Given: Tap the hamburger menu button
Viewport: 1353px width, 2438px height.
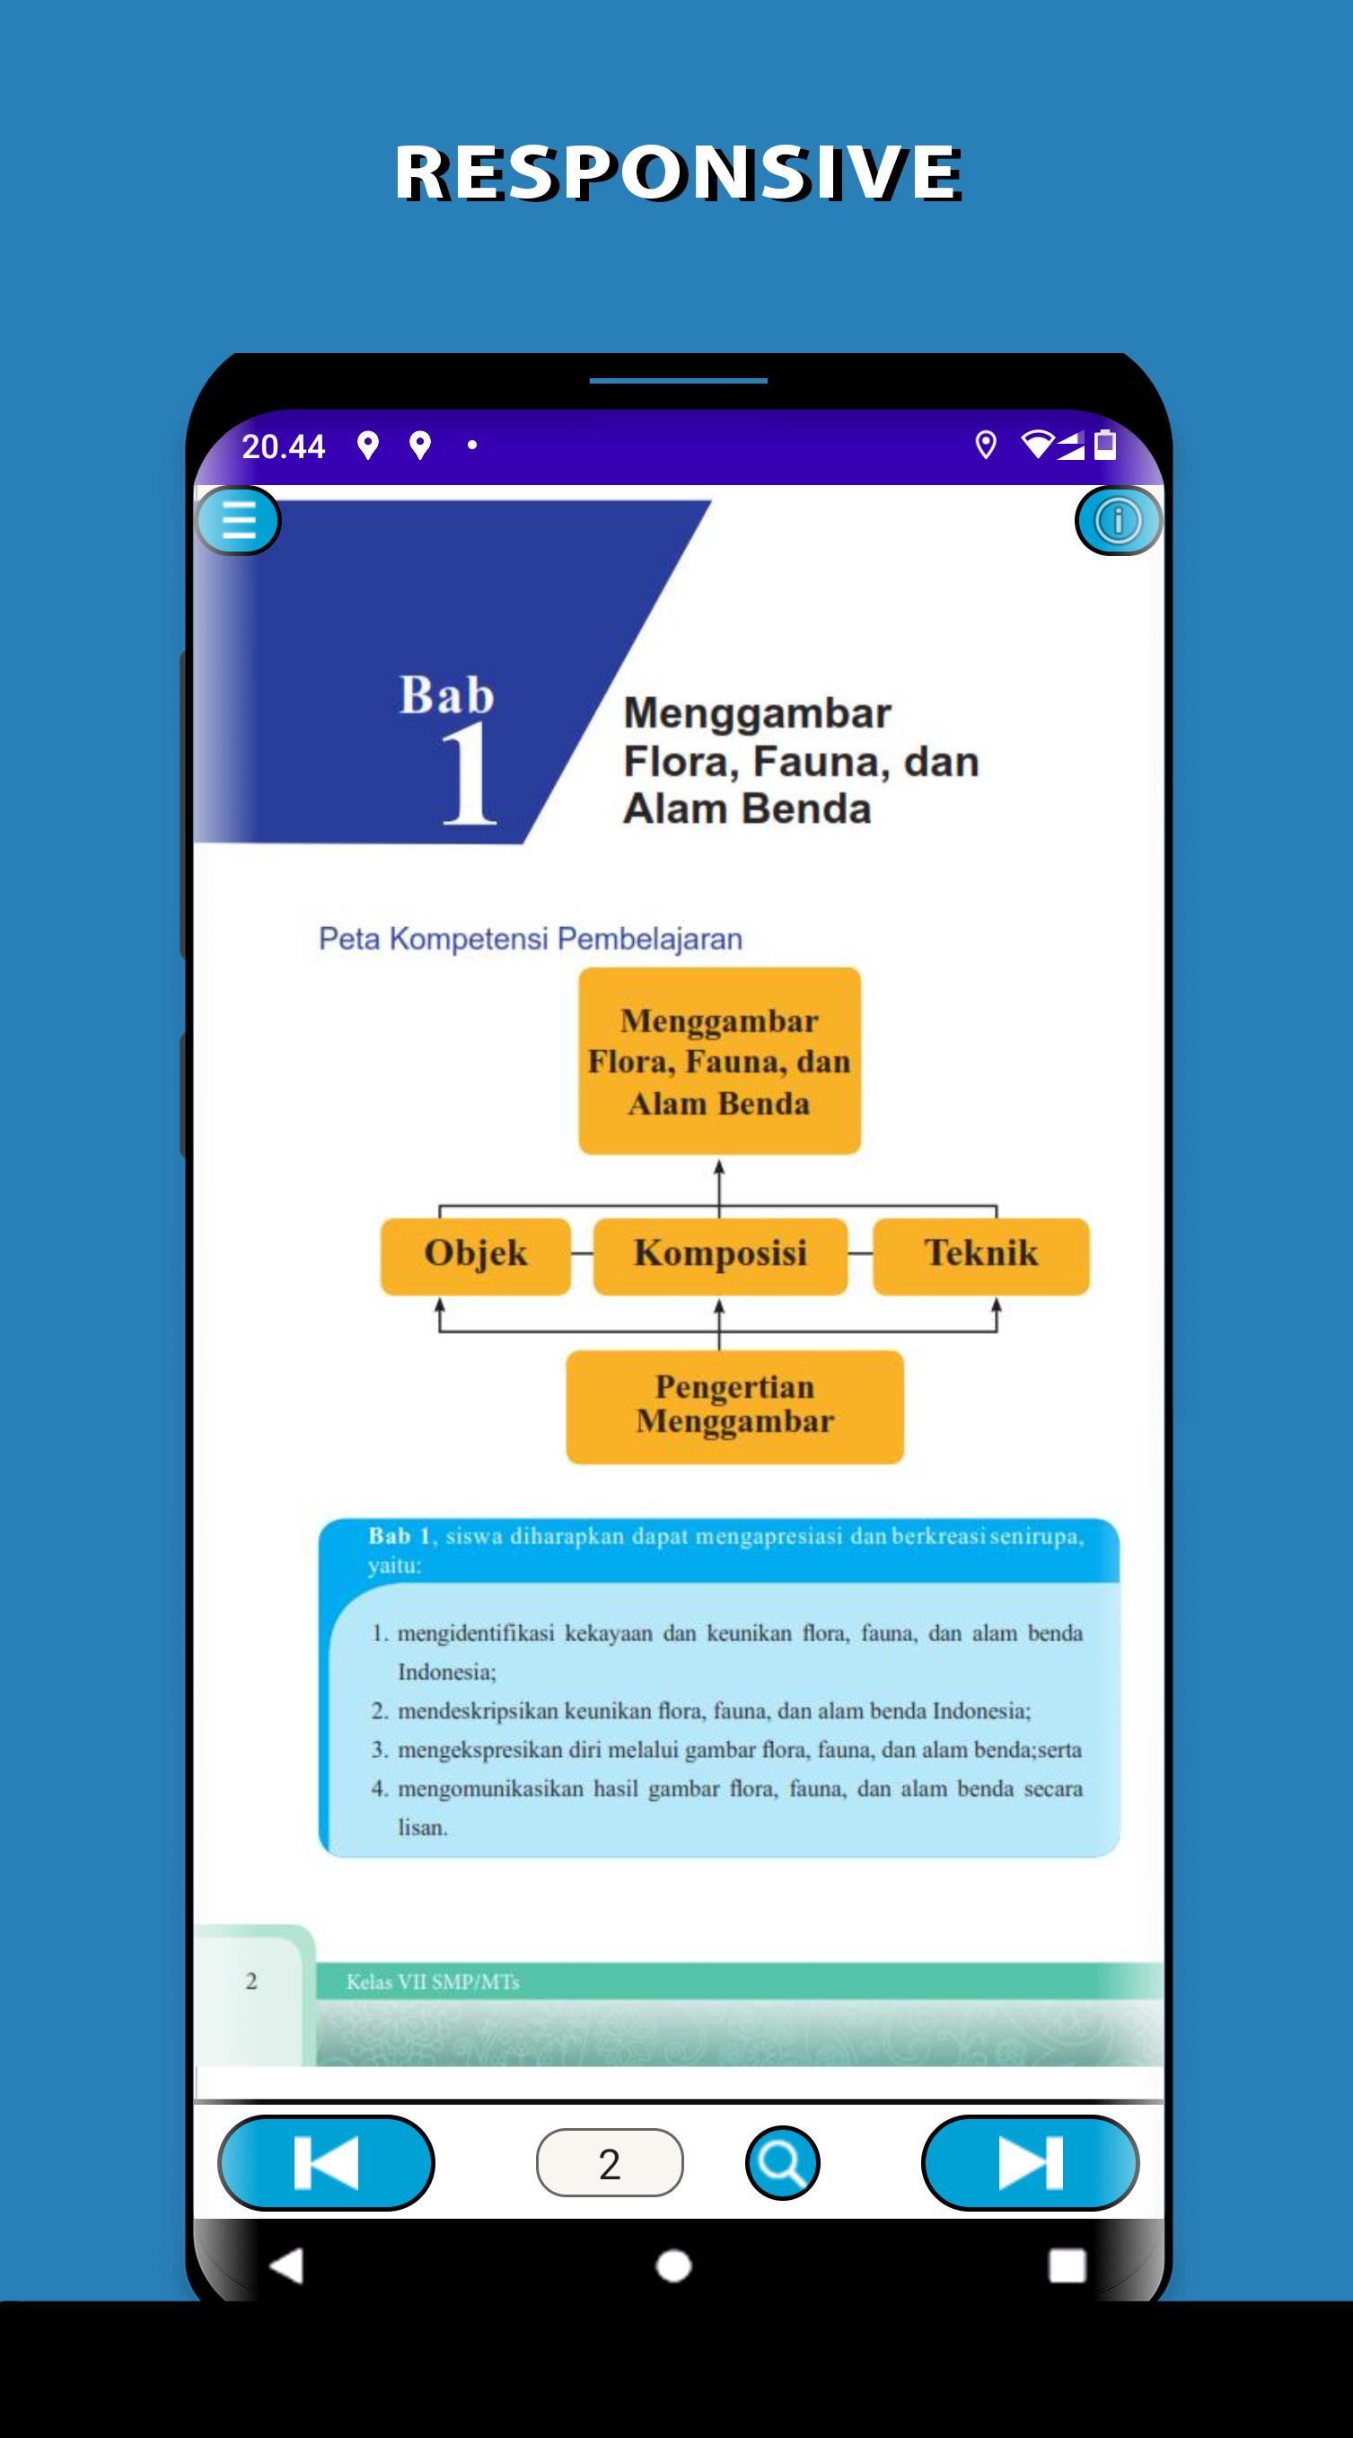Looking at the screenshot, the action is coord(238,519).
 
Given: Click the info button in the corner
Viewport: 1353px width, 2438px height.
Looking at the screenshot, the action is coord(1119,520).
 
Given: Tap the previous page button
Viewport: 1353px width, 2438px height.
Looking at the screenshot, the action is coord(327,2162).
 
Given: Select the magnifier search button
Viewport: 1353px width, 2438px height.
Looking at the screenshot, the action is coord(783,2162).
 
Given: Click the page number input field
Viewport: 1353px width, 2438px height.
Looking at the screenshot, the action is coord(610,2162).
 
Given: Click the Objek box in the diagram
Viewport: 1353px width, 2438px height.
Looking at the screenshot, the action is coord(476,1256).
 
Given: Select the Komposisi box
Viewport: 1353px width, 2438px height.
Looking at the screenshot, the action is coord(720,1256).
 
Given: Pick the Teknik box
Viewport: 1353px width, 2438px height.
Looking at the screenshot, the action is coord(981,1256).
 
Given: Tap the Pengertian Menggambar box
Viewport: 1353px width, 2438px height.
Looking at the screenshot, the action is coord(735,1407).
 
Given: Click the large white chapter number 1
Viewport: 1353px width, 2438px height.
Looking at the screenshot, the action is coord(469,773).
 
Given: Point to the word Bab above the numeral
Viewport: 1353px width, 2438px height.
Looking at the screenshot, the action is coord(446,695).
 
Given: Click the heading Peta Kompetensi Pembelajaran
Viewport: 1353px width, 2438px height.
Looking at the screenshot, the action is coord(530,939).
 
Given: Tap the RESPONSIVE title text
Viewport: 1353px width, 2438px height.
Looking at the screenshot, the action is coord(679,172).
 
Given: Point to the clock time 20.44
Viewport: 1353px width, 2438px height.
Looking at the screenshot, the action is coord(283,446).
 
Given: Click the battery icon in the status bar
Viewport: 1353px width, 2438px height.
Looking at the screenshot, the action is coord(1105,444).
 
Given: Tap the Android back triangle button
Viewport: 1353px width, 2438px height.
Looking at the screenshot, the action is coord(286,2266).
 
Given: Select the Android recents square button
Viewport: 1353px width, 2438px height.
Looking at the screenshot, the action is coord(1067,2266).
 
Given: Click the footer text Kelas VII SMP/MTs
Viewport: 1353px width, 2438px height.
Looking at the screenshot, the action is coord(433,1982).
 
